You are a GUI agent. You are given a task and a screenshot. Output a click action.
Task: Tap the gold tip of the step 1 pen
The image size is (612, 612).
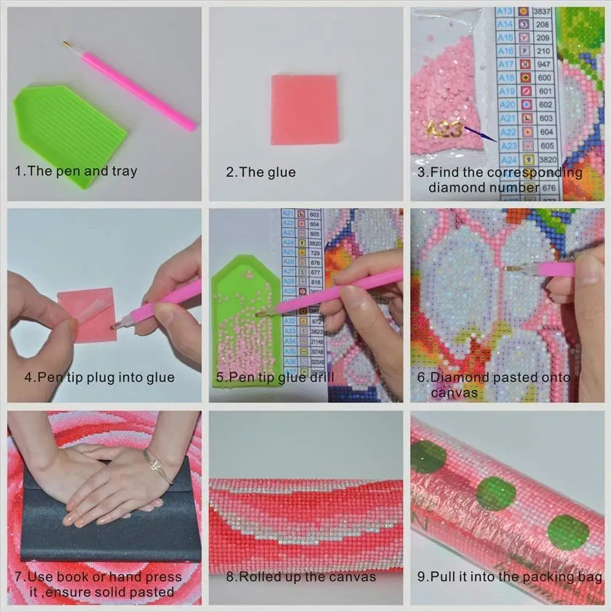coord(66,44)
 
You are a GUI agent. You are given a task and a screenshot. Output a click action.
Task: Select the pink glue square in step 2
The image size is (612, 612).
coord(304,110)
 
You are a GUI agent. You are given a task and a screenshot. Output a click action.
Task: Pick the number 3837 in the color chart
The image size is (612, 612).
coord(543,12)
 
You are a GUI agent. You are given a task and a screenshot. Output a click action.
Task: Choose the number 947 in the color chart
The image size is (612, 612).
coord(543,64)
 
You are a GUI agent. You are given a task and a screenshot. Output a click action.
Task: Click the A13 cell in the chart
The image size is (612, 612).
coord(505,12)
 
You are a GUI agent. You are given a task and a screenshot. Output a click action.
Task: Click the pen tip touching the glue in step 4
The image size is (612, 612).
coord(114,326)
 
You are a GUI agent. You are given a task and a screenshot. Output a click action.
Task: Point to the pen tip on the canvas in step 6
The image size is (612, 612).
coord(509,267)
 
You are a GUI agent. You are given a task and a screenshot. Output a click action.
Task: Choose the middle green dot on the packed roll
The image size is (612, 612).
coord(495,493)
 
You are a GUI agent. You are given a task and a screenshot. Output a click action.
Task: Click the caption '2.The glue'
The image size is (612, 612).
coord(261,173)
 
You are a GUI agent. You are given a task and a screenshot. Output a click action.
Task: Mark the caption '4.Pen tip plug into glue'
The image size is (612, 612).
coord(99,378)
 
